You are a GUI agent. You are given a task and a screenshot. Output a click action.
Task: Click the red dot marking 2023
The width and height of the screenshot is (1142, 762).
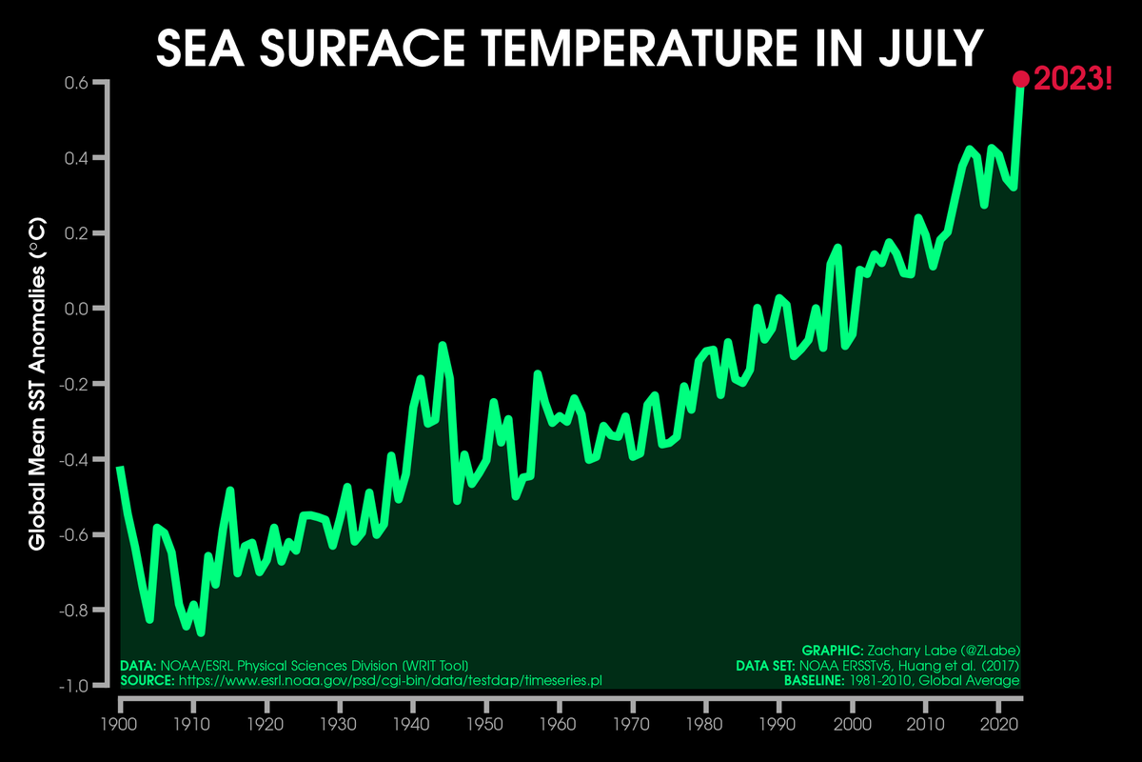pyautogui.click(x=1021, y=79)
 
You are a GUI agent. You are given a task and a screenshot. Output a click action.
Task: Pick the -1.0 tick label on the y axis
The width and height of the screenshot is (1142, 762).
pyautogui.click(x=74, y=686)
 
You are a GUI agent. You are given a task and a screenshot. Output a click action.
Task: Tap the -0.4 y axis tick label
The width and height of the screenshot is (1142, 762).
pyautogui.click(x=74, y=459)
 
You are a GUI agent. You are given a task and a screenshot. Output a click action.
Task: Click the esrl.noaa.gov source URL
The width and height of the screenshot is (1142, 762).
pyautogui.click(x=390, y=681)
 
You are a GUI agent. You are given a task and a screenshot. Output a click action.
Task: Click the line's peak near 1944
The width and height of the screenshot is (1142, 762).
pyautogui.click(x=443, y=345)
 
